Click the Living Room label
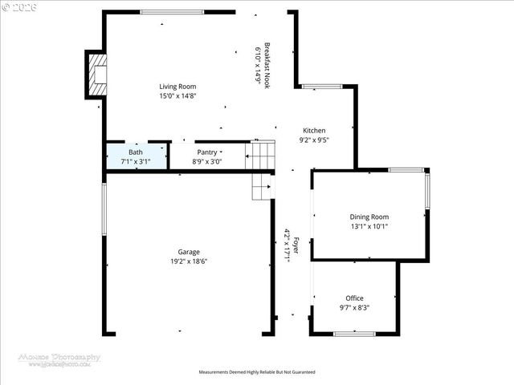pos(177,87)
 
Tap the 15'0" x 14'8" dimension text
pos(177,95)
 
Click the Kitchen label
pos(314,131)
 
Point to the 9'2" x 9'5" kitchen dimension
pos(314,140)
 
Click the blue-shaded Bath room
pos(136,156)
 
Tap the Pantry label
pos(207,152)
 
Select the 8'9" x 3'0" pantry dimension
pos(207,161)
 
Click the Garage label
pos(189,252)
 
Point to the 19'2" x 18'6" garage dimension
pos(189,261)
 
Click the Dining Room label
pos(369,217)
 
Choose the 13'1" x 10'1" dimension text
pos(369,226)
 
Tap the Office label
pos(354,298)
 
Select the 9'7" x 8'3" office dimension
pos(354,307)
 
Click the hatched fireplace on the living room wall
pos(96,74)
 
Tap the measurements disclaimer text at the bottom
pos(257,372)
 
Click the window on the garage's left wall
pos(104,210)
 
